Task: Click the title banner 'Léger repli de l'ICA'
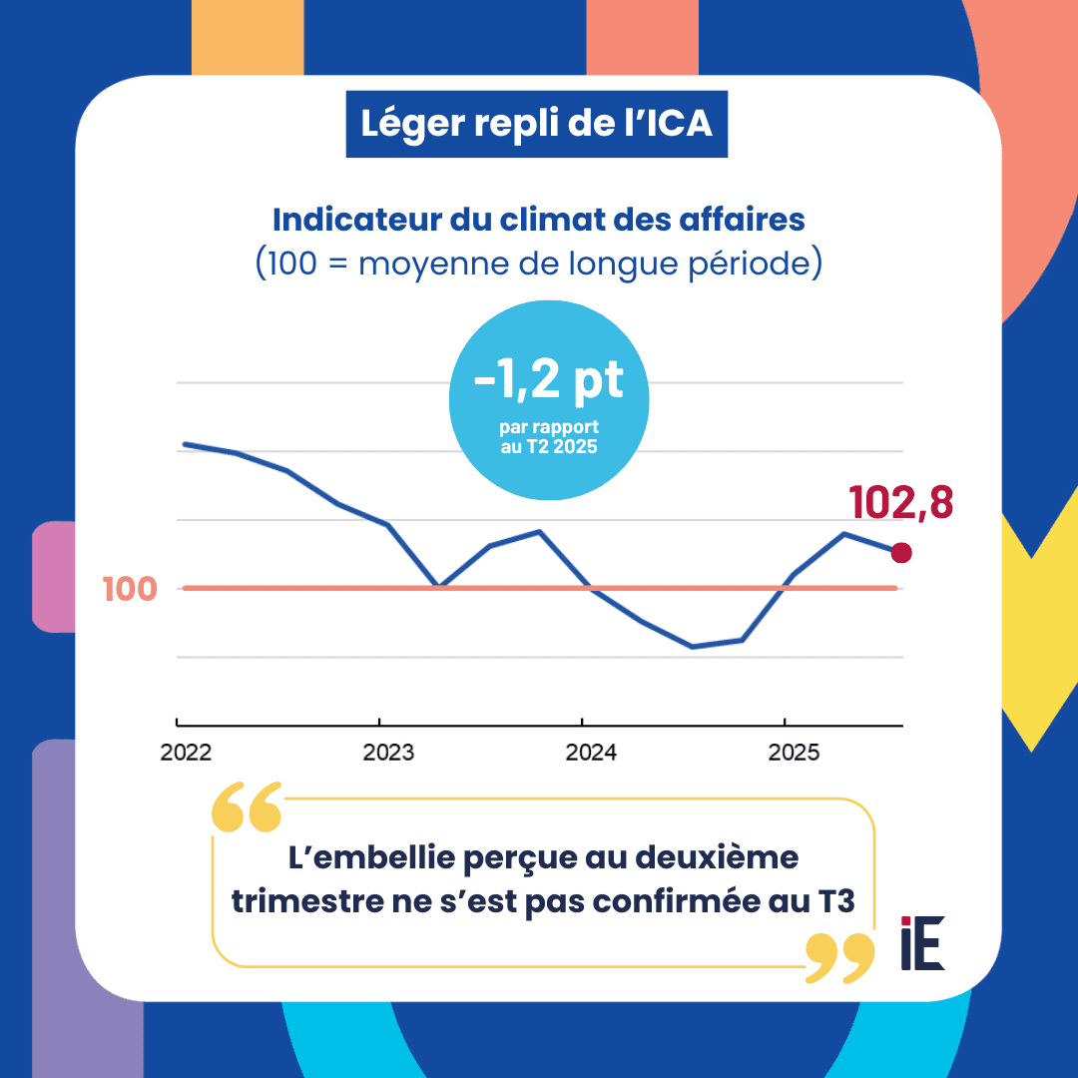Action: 537,125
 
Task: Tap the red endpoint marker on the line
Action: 901,552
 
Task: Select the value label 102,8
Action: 900,503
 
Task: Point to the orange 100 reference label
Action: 130,589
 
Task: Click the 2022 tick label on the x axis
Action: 186,753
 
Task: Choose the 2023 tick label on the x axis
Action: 388,753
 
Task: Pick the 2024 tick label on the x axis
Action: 591,753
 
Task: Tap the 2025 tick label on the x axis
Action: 794,753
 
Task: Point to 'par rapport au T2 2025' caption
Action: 548,437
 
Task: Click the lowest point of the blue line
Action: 692,647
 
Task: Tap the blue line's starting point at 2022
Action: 184,443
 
